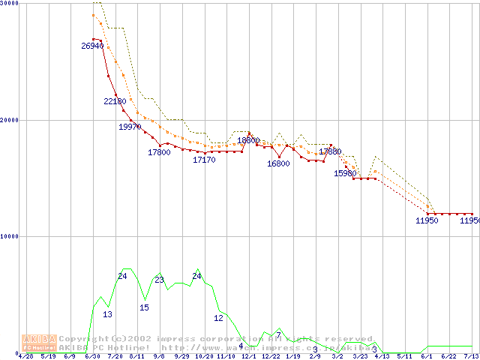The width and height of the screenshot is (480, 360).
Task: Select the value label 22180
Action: pos(115,101)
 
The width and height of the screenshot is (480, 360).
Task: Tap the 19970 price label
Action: pos(130,127)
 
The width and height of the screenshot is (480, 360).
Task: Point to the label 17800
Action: pos(159,152)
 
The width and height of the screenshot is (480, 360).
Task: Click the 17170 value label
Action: pos(204,160)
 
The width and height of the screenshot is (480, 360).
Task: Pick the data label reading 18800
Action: pos(248,140)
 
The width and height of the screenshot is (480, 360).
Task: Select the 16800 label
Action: pos(278,163)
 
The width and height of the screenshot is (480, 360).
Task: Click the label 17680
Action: pos(330,151)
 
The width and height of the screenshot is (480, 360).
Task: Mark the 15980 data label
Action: pos(345,173)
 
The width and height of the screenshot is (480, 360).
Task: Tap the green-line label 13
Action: pos(107,314)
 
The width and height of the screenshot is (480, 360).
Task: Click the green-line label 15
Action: pos(144,307)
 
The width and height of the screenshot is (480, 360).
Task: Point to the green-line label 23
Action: pos(159,280)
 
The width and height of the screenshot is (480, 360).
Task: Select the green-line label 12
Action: pos(218,318)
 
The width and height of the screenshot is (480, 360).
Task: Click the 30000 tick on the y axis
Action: pos(10,4)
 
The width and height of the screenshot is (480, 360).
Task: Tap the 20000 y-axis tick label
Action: pos(10,120)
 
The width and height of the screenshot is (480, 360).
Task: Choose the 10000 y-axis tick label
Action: pos(10,236)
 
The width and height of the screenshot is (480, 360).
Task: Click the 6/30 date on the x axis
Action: pos(93,355)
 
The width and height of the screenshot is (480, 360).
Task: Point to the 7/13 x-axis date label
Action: pos(471,355)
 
